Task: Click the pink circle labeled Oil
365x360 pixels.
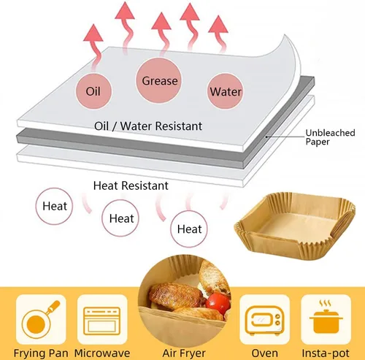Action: [93, 91]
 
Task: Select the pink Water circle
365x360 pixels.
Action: [225, 91]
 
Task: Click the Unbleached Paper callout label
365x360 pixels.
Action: [330, 137]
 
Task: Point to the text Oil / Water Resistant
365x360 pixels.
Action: [148, 126]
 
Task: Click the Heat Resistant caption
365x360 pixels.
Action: [131, 185]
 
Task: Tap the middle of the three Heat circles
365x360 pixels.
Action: [120, 218]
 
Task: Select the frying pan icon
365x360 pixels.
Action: [41, 319]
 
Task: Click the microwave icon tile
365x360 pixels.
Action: [102, 319]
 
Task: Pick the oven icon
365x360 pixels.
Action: [264, 319]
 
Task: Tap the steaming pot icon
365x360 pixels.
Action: [326, 319]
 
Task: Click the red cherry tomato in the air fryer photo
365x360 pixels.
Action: [218, 304]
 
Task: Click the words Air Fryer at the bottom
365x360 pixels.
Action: [184, 353]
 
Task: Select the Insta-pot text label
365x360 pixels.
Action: [326, 353]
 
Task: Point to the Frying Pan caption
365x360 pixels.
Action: [41, 353]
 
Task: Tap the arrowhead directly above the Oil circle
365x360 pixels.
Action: [93, 33]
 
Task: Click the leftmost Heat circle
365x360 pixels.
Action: [54, 206]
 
